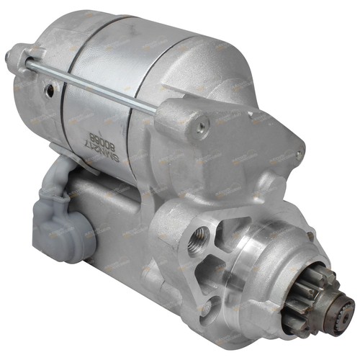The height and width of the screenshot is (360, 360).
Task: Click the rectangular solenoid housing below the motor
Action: [115, 216]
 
